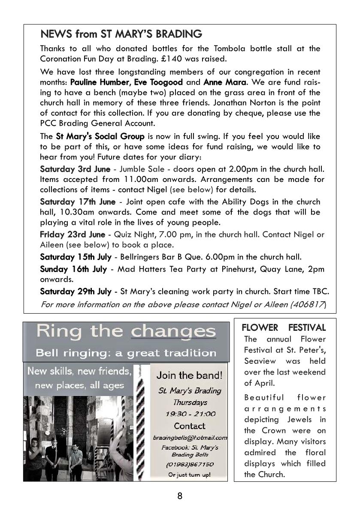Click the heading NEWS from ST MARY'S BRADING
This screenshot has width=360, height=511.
[x=121, y=34]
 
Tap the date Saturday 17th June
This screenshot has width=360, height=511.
[x=78, y=202]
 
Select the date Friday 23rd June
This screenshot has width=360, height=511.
[x=73, y=234]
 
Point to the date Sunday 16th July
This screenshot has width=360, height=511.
[x=73, y=269]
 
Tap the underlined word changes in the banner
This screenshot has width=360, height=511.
[x=173, y=332]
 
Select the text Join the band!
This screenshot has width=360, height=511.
[x=189, y=376]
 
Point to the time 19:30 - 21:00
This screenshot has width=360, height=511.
[x=190, y=414]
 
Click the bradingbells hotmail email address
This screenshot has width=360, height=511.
[x=190, y=438]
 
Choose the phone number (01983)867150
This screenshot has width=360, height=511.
[x=190, y=465]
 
